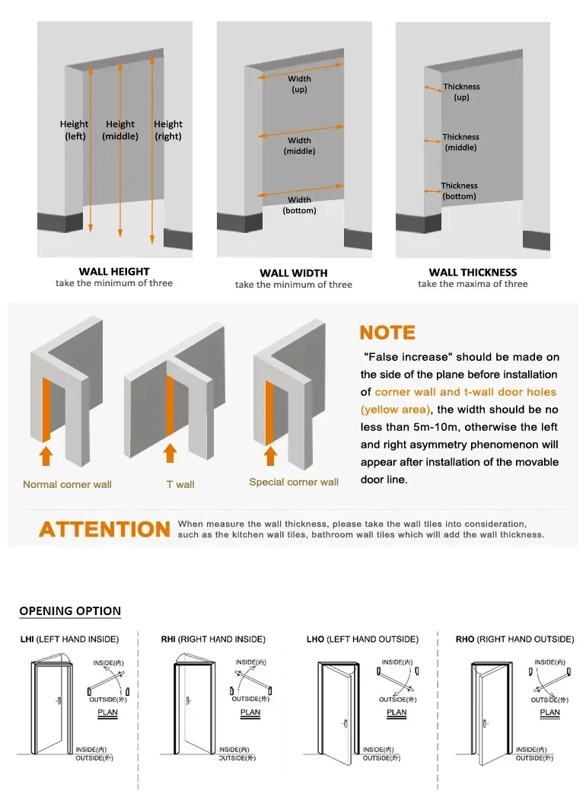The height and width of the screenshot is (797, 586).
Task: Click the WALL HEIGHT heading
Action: click(114, 271)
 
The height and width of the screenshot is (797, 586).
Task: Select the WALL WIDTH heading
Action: click(293, 273)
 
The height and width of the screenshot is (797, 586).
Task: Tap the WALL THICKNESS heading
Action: click(473, 272)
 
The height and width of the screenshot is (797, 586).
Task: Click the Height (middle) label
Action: click(120, 130)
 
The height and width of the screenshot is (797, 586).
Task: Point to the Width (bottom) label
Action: click(299, 206)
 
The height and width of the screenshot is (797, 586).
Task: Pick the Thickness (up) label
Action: click(461, 92)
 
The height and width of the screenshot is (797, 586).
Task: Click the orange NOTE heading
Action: click(387, 333)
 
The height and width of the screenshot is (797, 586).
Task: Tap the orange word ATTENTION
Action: click(105, 530)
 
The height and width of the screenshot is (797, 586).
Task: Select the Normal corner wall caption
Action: click(67, 484)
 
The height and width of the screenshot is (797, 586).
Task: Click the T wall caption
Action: click(180, 484)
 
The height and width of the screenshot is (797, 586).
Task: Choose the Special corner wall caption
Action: click(294, 482)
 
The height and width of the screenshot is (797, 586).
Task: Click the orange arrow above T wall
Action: click(170, 454)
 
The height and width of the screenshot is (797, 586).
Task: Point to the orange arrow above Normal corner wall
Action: click(46, 455)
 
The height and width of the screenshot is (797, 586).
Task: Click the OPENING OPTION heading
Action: click(70, 611)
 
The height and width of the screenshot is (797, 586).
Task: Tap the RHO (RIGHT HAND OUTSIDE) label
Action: click(514, 639)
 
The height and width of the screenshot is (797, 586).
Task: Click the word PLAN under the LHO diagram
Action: click(397, 713)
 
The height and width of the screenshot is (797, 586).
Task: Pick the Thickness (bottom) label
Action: click(459, 191)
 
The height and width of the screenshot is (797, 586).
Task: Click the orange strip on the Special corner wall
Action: click(269, 412)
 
